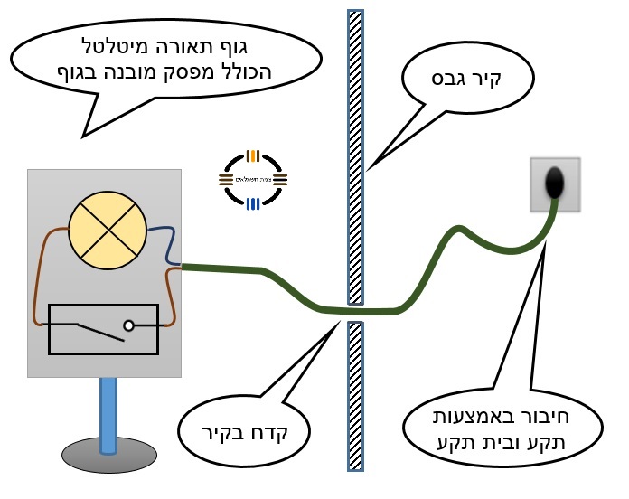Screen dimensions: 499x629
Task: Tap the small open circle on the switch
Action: click(x=129, y=325)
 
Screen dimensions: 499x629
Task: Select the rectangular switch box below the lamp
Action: click(x=103, y=328)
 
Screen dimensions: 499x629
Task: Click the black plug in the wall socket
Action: click(x=554, y=184)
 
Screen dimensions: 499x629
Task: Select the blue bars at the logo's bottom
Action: click(x=254, y=204)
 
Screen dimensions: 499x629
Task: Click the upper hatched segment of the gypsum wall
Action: click(x=356, y=154)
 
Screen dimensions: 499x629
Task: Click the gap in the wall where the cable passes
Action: click(x=356, y=312)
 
